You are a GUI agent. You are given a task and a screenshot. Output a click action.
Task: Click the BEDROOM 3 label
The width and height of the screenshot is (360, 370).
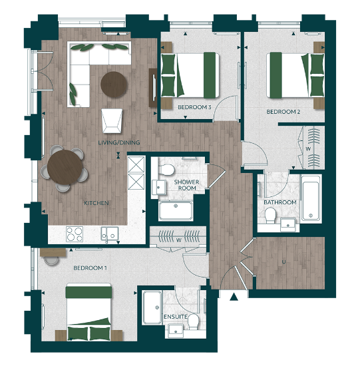coord(194,106)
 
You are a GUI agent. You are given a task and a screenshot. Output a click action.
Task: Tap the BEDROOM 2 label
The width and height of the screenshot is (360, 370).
coord(283,112)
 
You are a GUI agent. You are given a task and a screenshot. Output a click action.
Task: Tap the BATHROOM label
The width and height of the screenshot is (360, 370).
coord(279,202)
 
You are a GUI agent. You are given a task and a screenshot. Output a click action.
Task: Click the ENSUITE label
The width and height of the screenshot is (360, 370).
coord(176,316)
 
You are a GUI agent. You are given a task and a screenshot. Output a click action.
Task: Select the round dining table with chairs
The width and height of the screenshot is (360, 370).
coord(66,168)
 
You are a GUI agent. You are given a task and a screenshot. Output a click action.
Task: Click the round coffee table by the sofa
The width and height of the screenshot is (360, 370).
coord(114,84)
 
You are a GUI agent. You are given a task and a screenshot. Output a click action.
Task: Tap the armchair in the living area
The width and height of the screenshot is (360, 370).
coord(112,120)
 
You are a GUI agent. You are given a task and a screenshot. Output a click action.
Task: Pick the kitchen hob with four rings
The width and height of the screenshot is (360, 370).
coord(74,234)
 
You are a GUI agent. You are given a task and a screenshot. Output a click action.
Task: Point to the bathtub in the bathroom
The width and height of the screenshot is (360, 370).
coord(311,198)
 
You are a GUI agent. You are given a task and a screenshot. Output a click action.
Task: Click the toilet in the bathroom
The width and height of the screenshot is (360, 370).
coord(271,215)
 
